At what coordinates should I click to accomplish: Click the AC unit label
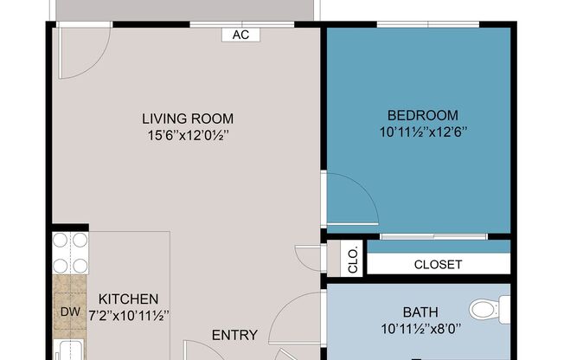coord(241,35)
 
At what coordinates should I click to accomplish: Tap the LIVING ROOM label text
coord(188,119)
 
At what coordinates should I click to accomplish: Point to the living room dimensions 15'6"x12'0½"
coord(188,135)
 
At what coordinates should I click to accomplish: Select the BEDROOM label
coord(423,115)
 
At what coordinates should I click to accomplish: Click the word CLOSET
coord(438,265)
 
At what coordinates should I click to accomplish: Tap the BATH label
coord(420,312)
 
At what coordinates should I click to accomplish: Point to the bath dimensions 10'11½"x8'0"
coord(420,329)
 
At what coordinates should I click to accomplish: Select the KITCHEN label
coord(127,299)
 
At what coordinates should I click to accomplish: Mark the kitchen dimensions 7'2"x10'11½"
coord(127,315)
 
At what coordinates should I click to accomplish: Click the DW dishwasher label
coord(68,311)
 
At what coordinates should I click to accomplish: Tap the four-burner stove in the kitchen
coord(70,253)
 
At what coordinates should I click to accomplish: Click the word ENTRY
coord(235,335)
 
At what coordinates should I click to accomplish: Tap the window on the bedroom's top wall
coord(429,23)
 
